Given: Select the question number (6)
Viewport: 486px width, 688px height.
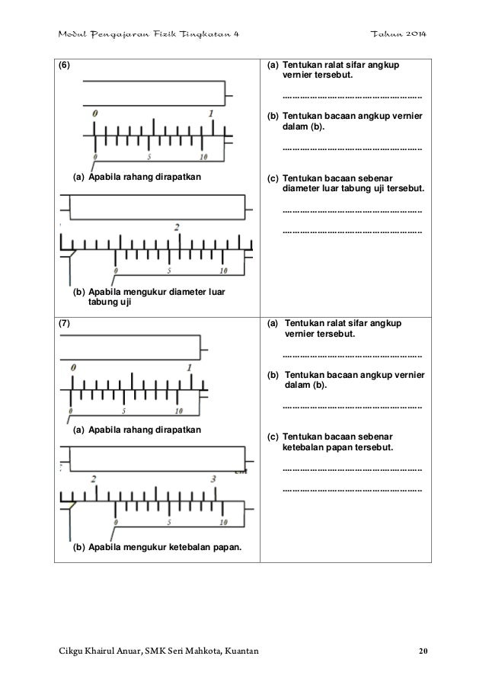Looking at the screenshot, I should (68, 66).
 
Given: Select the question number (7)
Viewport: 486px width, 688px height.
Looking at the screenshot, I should (68, 323).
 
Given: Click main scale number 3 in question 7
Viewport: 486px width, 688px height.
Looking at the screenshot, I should (213, 478).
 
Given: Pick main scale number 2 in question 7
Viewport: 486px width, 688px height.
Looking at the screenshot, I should (93, 478).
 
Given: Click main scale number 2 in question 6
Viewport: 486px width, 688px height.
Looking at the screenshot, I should (177, 228).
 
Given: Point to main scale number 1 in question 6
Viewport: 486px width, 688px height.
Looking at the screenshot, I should (210, 114).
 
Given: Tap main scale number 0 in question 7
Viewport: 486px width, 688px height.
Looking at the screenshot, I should (72, 367).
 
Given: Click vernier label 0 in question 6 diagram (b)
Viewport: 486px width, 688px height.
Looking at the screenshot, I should (116, 270).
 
